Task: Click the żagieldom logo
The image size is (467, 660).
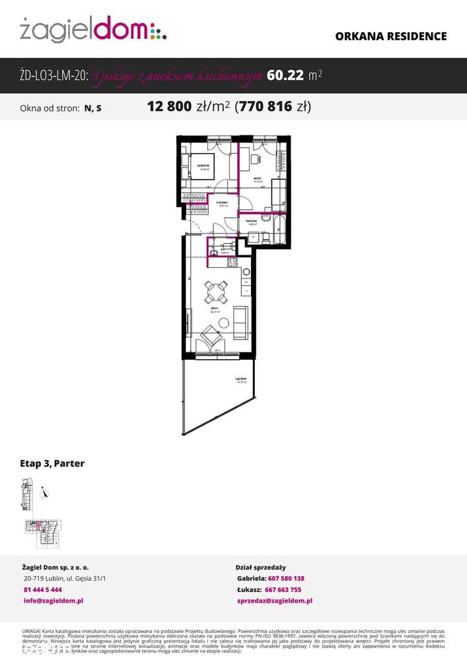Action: point(92,30)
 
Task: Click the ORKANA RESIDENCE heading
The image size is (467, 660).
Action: point(391,36)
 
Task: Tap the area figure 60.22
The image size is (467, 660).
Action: point(285,75)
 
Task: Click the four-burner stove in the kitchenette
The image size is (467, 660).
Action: point(233,263)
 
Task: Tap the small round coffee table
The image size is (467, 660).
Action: point(224,323)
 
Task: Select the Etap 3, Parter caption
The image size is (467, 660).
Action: point(52,463)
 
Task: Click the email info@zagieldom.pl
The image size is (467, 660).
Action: point(53,601)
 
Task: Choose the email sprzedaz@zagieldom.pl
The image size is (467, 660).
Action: point(274,601)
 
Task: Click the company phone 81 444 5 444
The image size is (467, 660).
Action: point(42,589)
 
